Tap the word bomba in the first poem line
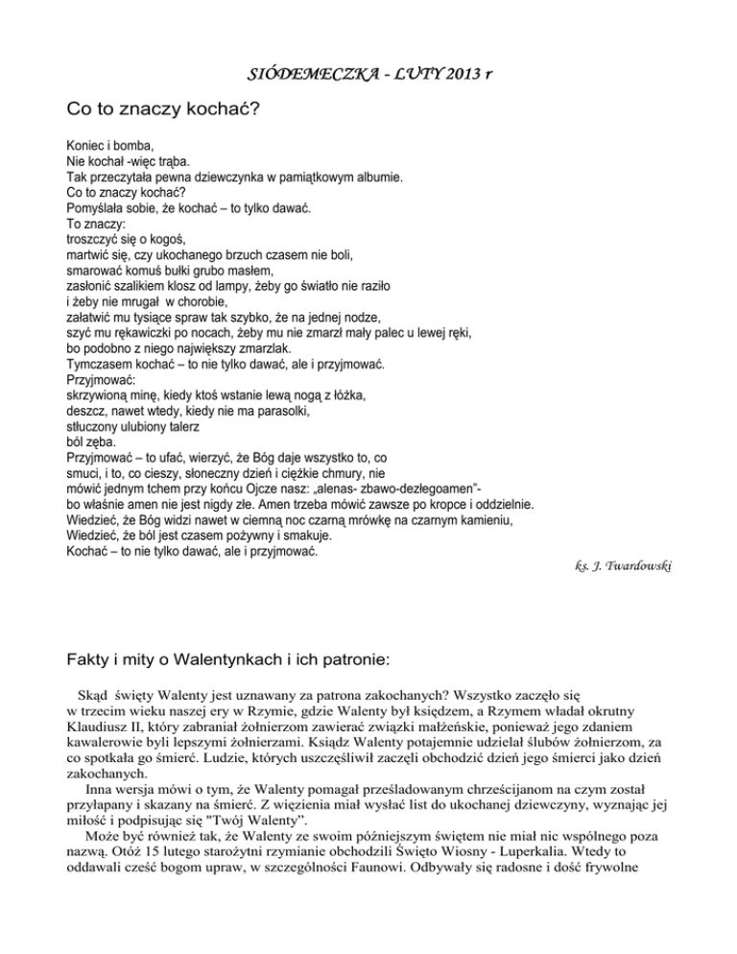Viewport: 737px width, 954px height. [x=138, y=147]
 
